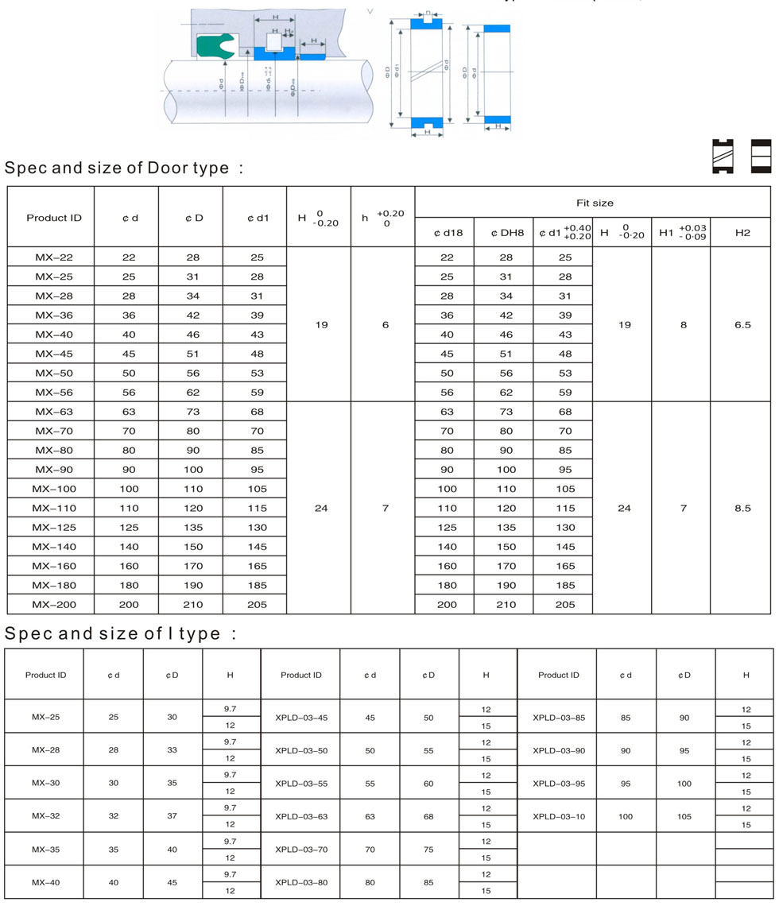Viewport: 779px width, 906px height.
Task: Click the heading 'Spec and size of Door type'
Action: coord(123,168)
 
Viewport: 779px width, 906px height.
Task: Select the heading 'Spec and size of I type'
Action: coord(119,633)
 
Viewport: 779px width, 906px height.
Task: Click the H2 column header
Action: coord(742,231)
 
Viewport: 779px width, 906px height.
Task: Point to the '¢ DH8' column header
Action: coord(503,232)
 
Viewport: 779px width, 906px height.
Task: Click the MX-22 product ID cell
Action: coord(51,257)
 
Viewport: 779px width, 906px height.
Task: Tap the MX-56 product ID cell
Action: coord(51,392)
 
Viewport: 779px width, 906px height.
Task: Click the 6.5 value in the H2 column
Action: coord(742,324)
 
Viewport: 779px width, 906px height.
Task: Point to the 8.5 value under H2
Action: coord(742,508)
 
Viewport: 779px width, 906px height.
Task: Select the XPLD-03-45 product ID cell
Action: coord(301,718)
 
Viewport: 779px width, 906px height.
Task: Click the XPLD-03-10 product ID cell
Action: coord(559,816)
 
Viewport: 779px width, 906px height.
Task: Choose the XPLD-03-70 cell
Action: coord(301,849)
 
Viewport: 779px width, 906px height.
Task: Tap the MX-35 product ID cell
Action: coord(46,849)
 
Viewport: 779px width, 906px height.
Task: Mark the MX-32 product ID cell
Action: coord(46,816)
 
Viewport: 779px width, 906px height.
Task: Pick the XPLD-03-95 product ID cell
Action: coord(559,783)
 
